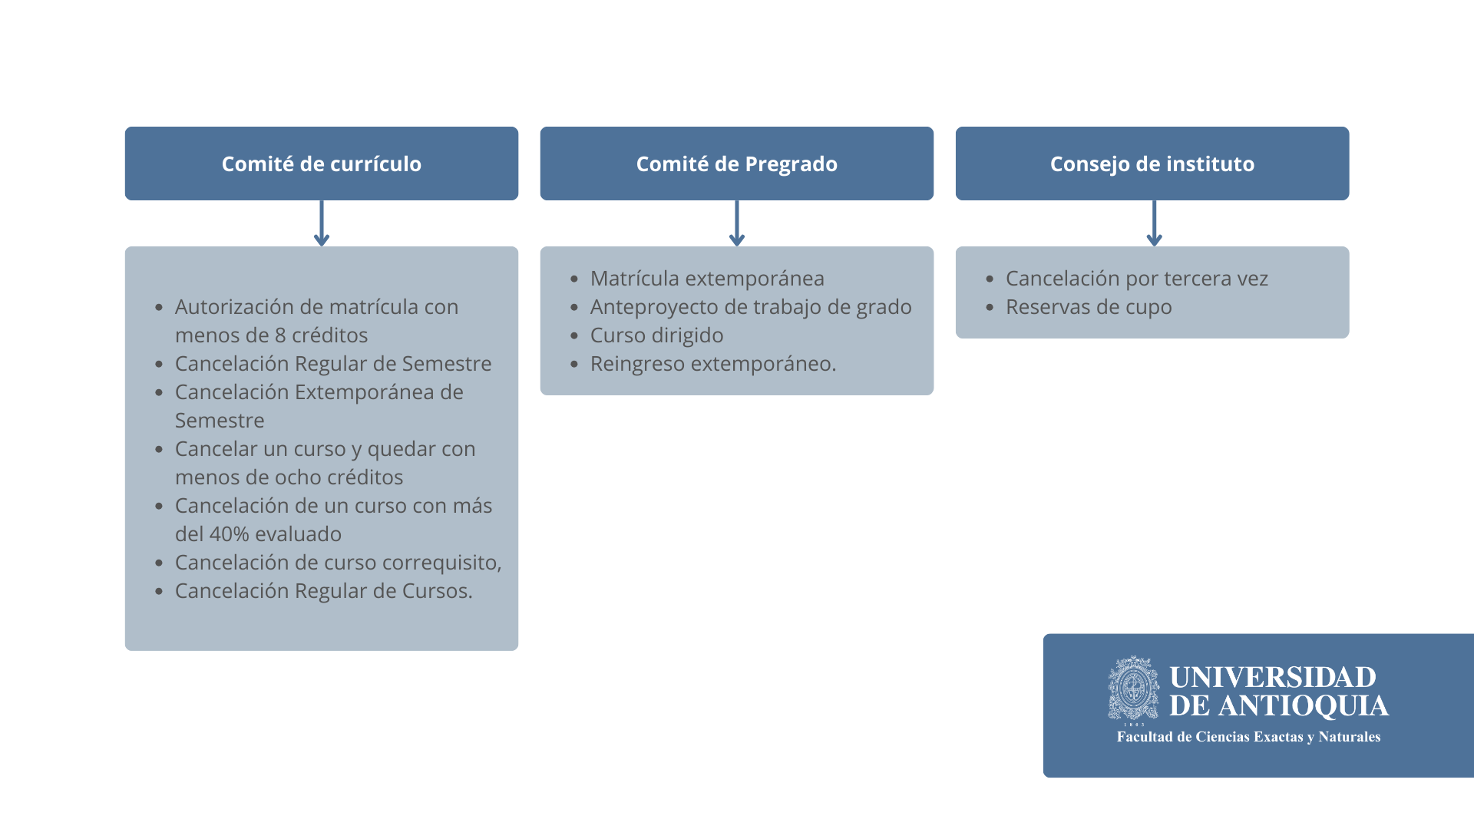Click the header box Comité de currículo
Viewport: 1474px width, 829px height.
(x=322, y=163)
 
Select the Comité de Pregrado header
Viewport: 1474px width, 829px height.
(x=737, y=163)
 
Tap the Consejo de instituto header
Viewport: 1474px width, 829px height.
(x=1152, y=163)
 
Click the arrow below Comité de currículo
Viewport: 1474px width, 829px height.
(x=322, y=223)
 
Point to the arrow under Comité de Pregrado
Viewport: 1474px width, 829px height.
(x=737, y=223)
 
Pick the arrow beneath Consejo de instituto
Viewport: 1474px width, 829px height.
(x=1154, y=223)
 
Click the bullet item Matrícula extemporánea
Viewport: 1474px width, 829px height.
(x=707, y=279)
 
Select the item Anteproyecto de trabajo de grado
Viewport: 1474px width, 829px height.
(x=751, y=307)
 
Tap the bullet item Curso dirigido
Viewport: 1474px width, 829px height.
(x=657, y=335)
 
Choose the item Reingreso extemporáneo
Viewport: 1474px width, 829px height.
(x=713, y=364)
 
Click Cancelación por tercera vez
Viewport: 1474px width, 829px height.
(x=1137, y=279)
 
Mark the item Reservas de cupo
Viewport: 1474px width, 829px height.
(x=1089, y=307)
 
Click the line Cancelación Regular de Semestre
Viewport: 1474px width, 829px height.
(x=333, y=364)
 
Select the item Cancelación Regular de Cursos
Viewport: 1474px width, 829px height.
(x=324, y=591)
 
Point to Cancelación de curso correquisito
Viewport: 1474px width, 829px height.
(x=337, y=563)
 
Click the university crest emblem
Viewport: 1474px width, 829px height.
(x=1134, y=689)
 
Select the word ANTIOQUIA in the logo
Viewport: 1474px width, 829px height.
(x=1304, y=706)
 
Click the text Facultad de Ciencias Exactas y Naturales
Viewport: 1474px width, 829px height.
(x=1248, y=737)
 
